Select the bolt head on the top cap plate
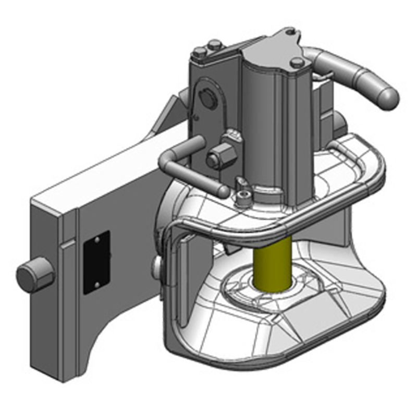click(295, 63)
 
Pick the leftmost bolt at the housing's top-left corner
click(200, 52)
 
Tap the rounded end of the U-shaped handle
click(223, 191)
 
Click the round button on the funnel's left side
click(157, 265)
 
